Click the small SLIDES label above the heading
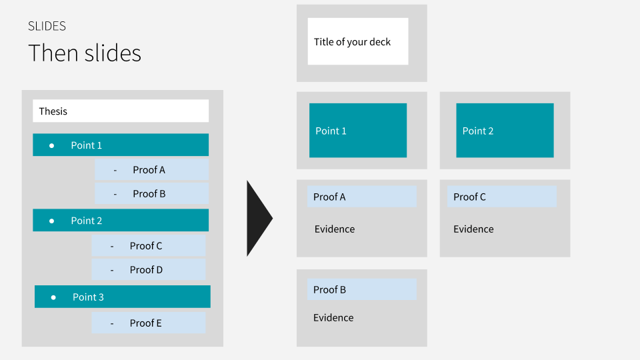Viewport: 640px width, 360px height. (x=47, y=26)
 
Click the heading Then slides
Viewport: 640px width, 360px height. (x=85, y=53)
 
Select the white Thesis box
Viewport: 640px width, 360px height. (x=121, y=111)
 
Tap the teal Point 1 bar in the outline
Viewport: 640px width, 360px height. (x=121, y=145)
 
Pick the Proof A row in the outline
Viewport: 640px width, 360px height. (x=151, y=170)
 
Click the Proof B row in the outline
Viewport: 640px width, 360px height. (x=151, y=194)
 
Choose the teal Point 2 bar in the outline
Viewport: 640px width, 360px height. (x=121, y=221)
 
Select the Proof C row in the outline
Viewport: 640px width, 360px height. (x=149, y=246)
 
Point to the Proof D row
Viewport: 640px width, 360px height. (x=149, y=270)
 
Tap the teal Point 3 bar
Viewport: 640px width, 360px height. (x=123, y=297)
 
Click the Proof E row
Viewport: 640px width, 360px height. (x=149, y=323)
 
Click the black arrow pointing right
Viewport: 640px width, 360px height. (x=258, y=218)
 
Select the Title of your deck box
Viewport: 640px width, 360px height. (x=358, y=42)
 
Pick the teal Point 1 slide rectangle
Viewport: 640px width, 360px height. (x=358, y=131)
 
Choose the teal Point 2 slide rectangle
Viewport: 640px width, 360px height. (x=505, y=131)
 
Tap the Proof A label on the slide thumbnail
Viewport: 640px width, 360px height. (x=362, y=197)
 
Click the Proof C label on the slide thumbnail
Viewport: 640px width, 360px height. (x=502, y=197)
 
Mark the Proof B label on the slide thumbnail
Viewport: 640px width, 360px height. (x=362, y=289)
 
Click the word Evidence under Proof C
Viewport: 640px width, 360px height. (x=473, y=229)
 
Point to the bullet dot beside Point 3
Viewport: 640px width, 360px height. (x=53, y=297)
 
